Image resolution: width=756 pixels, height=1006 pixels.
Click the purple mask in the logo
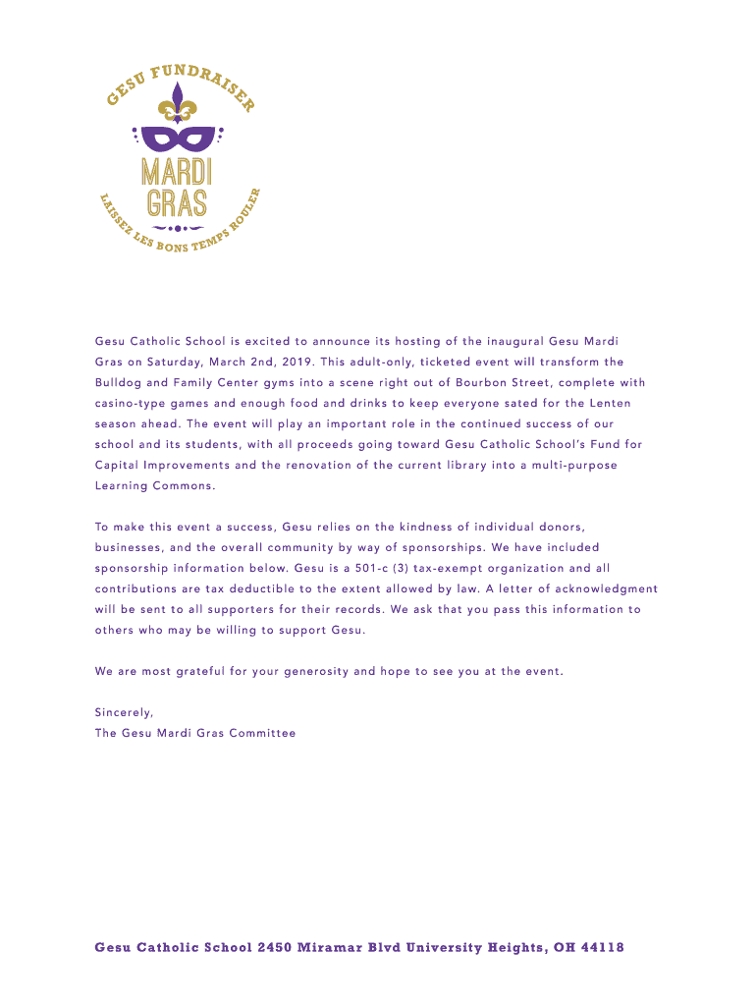(x=178, y=137)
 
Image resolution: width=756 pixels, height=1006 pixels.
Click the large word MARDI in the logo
(x=178, y=171)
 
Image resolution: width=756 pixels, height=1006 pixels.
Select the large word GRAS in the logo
(x=178, y=202)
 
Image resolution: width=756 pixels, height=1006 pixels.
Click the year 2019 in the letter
(x=295, y=363)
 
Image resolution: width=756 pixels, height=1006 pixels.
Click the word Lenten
(x=609, y=404)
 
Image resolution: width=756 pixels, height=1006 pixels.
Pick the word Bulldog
(x=118, y=383)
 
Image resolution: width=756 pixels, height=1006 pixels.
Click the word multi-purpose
(x=574, y=466)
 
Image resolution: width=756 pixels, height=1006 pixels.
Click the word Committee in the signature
(x=262, y=733)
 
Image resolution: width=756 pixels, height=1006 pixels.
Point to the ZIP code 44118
(x=599, y=948)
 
